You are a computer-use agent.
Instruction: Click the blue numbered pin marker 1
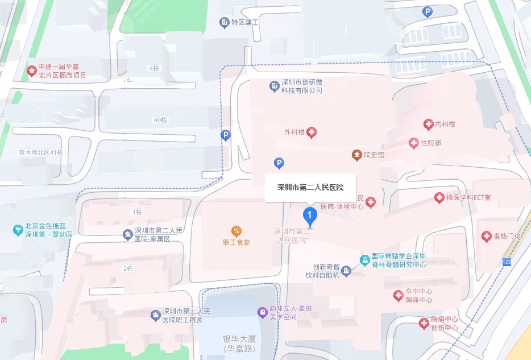point(309,216)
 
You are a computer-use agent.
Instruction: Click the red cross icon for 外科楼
point(312,133)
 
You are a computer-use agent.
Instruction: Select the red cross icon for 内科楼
point(428,125)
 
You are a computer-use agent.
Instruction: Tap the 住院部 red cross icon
point(413,143)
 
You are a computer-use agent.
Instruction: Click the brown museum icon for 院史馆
point(356,155)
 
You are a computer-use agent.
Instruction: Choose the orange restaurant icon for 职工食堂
point(236,231)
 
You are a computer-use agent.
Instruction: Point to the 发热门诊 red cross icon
point(486,236)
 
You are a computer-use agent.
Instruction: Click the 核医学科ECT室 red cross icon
point(439,197)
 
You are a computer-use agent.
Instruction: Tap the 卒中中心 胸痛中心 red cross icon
point(399,296)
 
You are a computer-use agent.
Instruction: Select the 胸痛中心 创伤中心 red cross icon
point(424,324)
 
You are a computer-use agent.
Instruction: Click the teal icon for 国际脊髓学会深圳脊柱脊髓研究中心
point(364,260)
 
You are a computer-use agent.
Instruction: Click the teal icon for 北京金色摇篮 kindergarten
point(18,230)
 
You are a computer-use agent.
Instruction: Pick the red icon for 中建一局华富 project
point(32,71)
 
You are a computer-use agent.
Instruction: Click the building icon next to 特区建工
point(224,22)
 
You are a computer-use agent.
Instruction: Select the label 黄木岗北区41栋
point(40,152)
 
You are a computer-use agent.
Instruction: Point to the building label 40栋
point(160,120)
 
